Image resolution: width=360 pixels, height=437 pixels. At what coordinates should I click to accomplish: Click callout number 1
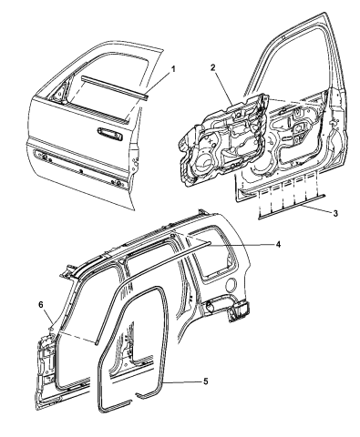pos(173,69)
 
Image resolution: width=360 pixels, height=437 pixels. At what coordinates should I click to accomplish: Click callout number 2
pos(213,67)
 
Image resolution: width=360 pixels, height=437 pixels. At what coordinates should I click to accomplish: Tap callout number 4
pos(278,244)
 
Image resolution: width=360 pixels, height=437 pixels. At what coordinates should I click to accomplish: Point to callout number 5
pos(206,381)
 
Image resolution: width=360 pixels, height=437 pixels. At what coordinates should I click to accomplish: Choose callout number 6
pos(41,305)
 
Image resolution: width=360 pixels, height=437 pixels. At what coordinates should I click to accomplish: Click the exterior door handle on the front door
pos(110,134)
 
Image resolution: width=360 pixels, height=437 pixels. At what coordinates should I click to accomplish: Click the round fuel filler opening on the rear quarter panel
pos(231,284)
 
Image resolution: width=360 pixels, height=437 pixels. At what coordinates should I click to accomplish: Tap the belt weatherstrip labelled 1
pos(114,86)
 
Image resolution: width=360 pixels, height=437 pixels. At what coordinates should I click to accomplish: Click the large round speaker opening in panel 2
pos(203,161)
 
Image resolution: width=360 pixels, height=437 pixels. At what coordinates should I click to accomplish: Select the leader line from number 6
pos(48,317)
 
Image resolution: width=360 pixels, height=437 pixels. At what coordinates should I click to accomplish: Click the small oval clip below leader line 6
pos(51,328)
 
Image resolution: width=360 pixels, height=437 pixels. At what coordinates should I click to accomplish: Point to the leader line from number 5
pos(183,382)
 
